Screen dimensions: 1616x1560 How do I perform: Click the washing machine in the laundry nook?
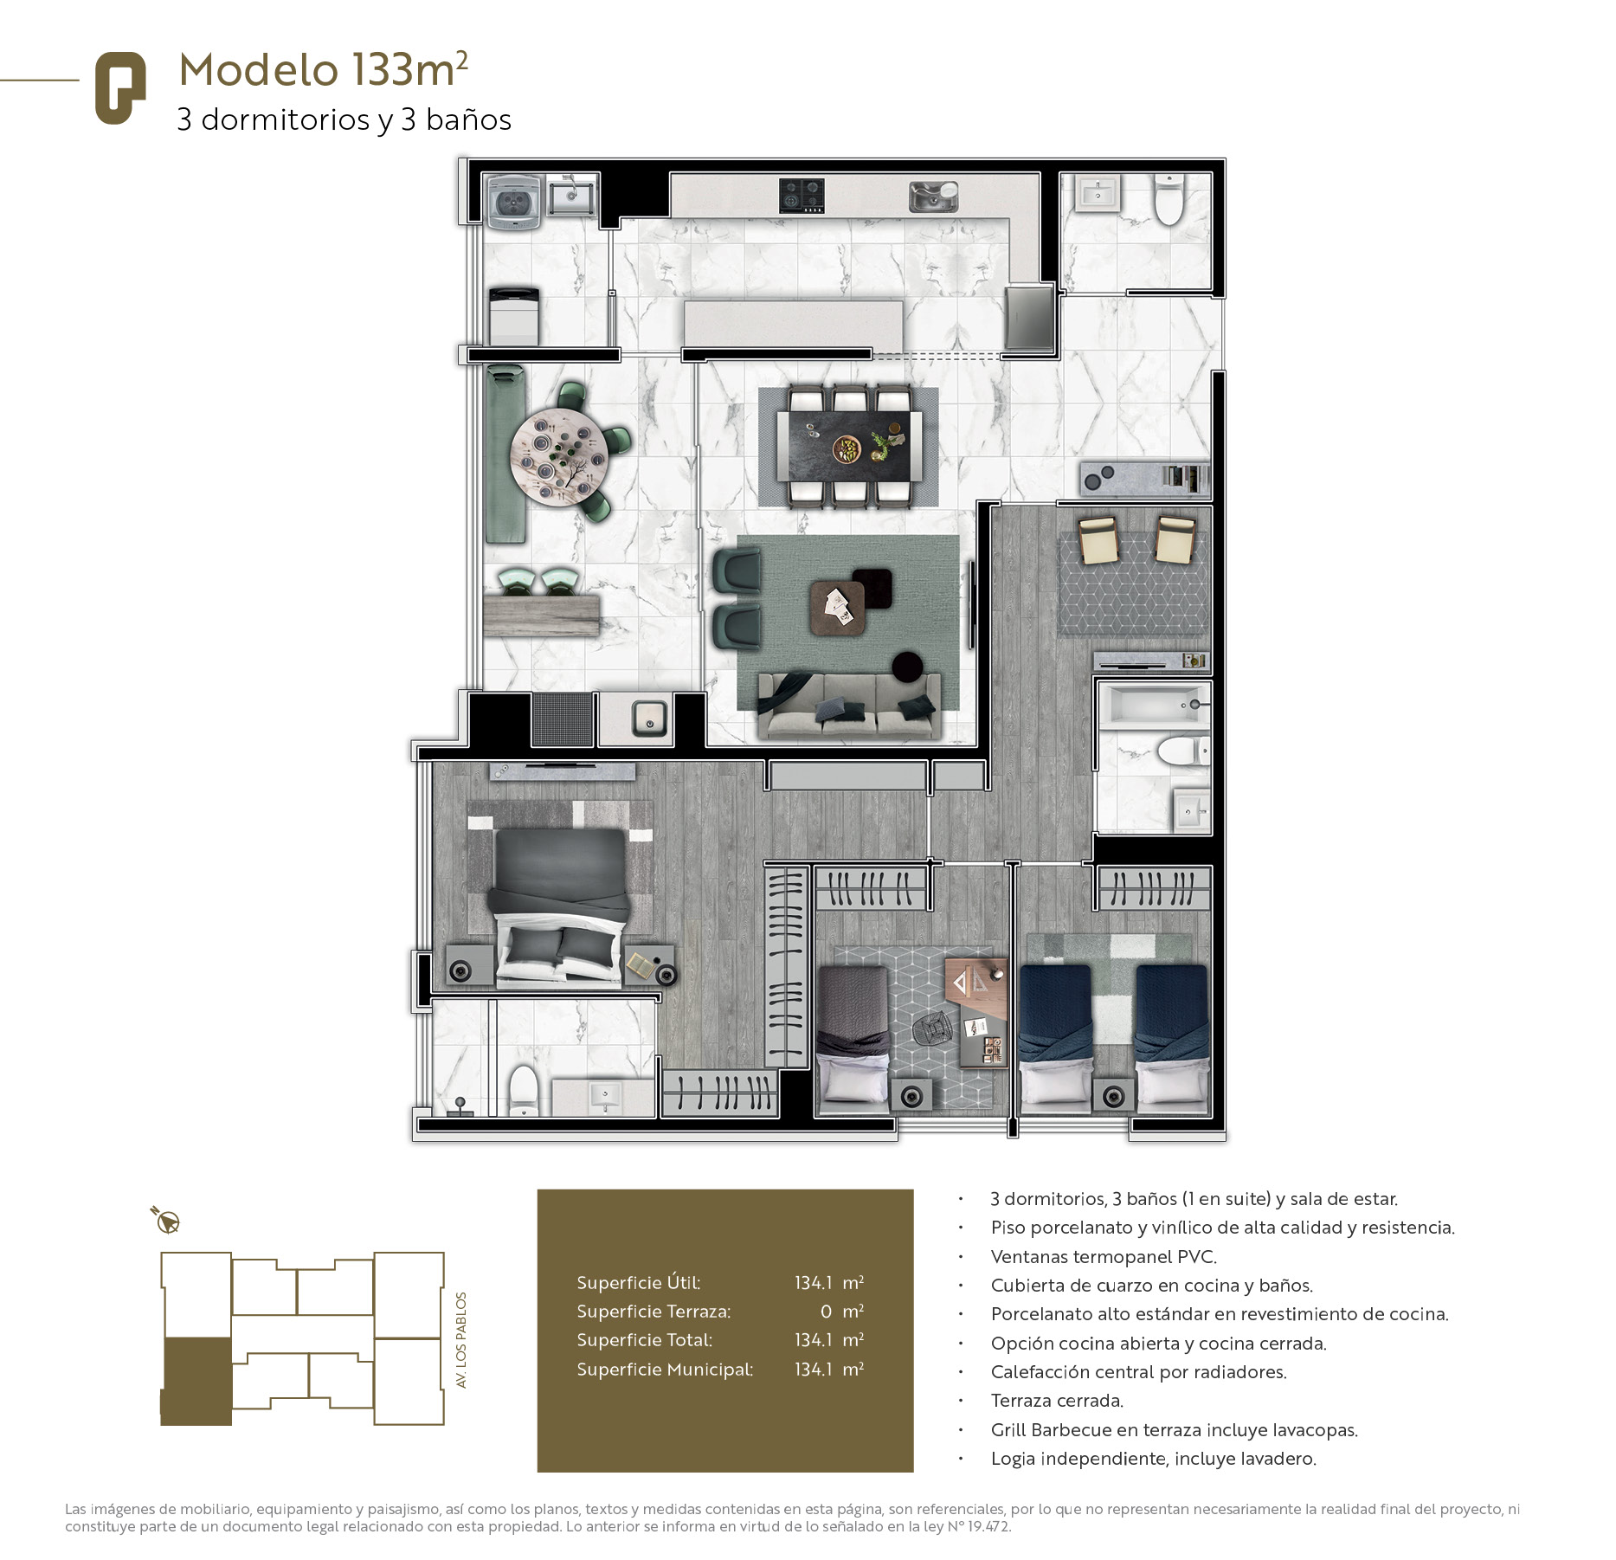pos(514,201)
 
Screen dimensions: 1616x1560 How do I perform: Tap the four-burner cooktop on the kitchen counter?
pos(801,196)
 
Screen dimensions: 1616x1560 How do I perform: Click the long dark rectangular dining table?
pos(849,445)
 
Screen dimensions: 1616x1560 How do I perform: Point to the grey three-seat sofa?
pos(849,705)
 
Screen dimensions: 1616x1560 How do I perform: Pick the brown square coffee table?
pos(837,608)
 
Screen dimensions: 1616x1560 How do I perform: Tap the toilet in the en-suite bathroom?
pos(524,1090)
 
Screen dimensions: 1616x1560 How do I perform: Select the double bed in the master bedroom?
pos(559,906)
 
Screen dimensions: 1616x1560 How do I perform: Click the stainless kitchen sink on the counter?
pos(933,197)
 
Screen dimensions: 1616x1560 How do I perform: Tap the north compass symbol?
pos(166,1220)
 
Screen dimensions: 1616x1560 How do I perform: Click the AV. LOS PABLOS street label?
pos(461,1339)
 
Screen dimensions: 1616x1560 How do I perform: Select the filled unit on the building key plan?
pos(196,1381)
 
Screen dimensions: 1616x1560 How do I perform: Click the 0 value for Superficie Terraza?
pos(826,1312)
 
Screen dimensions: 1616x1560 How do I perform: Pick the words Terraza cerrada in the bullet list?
pos(1057,1401)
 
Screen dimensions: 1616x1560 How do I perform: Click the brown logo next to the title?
pos(120,88)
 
